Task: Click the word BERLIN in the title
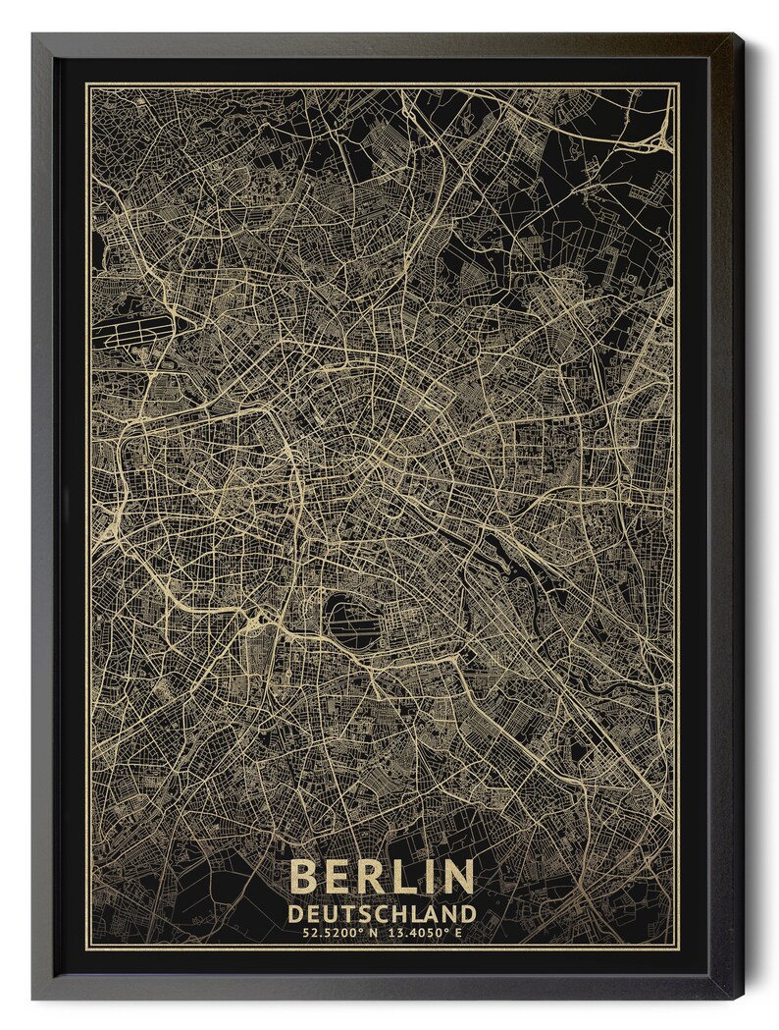[x=383, y=877]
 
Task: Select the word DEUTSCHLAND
[x=383, y=914]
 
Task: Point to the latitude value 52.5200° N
[x=337, y=934]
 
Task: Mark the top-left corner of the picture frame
[x=33, y=35]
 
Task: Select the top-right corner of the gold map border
[x=678, y=85]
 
